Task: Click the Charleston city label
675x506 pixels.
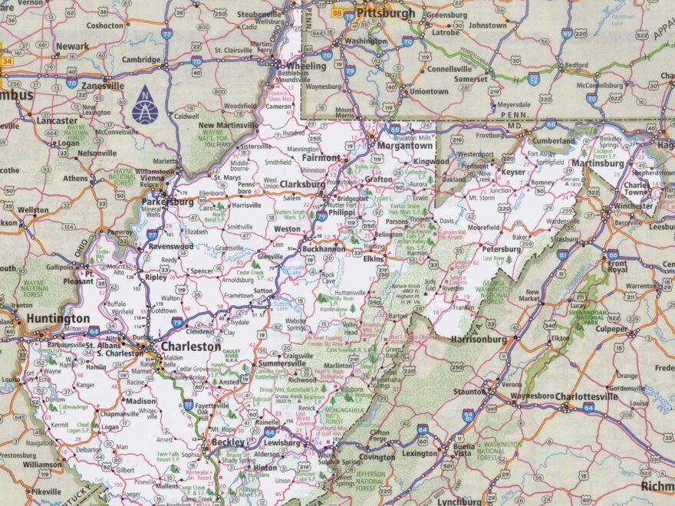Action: click(191, 347)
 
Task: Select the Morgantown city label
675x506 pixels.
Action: click(405, 145)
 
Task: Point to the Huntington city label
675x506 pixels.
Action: click(58, 318)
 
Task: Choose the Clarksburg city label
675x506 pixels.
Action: click(302, 184)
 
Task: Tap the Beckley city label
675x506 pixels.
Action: click(228, 442)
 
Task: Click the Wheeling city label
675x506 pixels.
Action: click(307, 65)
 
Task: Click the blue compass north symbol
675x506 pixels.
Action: click(145, 108)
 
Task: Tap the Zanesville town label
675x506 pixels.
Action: click(102, 86)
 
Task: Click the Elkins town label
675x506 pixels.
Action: click(374, 259)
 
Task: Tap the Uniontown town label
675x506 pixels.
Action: click(429, 91)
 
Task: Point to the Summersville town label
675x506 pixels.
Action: click(282, 363)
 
